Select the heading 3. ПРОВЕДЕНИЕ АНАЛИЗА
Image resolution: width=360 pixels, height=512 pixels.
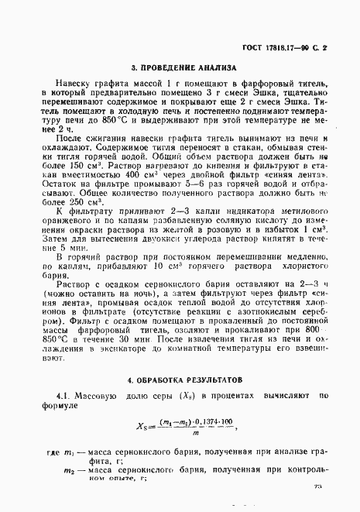pyautogui.click(x=183, y=67)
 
